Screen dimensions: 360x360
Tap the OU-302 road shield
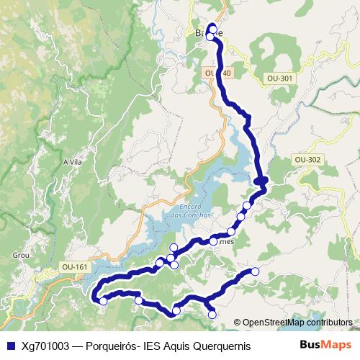[307, 160]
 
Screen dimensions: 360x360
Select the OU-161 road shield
[75, 267]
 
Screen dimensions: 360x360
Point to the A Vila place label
[73, 162]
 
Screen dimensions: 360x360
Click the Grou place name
[20, 254]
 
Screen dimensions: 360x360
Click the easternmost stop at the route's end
[254, 271]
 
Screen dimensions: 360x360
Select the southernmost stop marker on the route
[212, 314]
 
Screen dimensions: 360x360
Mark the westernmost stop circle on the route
[103, 301]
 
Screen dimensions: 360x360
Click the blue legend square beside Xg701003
[9, 346]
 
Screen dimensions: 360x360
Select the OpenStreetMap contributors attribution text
[297, 323]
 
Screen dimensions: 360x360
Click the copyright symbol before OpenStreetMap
[237, 323]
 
